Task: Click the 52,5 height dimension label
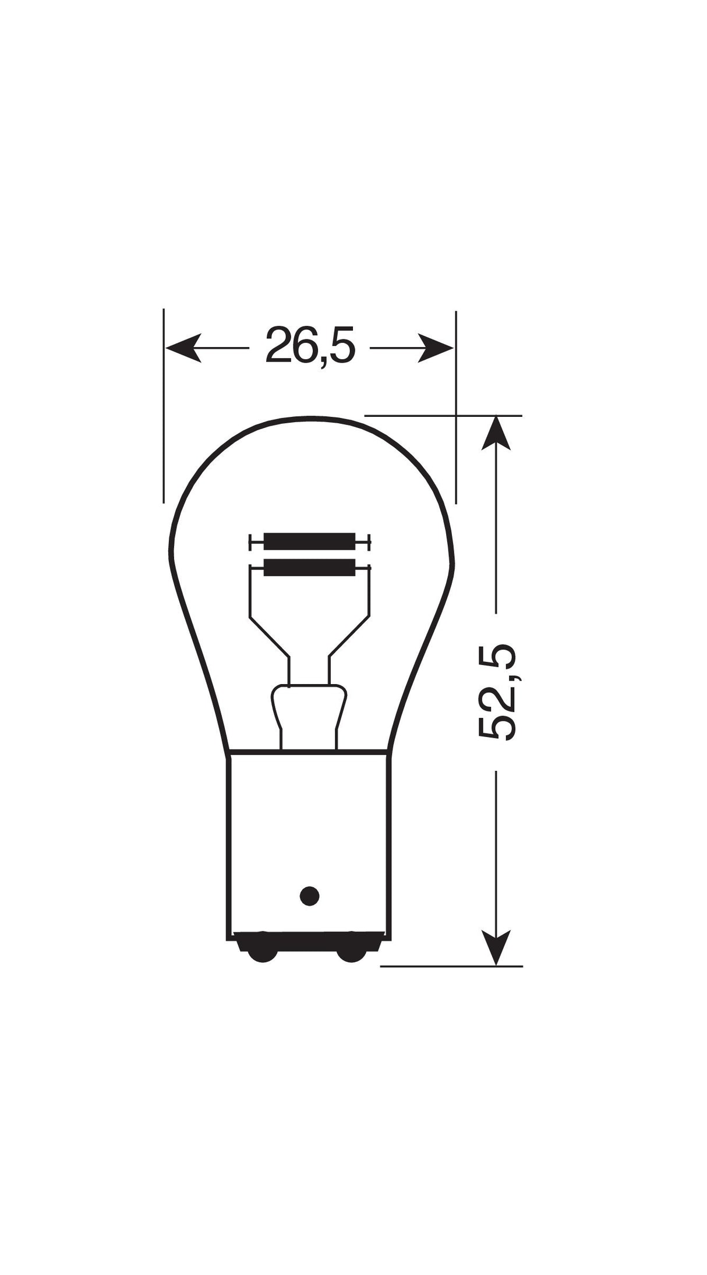point(497,692)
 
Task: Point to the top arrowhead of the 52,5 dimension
point(496,433)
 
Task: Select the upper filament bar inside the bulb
point(309,541)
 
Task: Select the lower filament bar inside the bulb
point(309,567)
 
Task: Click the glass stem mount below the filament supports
point(309,713)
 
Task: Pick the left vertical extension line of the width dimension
point(164,408)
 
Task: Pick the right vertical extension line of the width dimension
point(456,408)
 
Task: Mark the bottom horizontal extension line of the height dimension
point(451,966)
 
